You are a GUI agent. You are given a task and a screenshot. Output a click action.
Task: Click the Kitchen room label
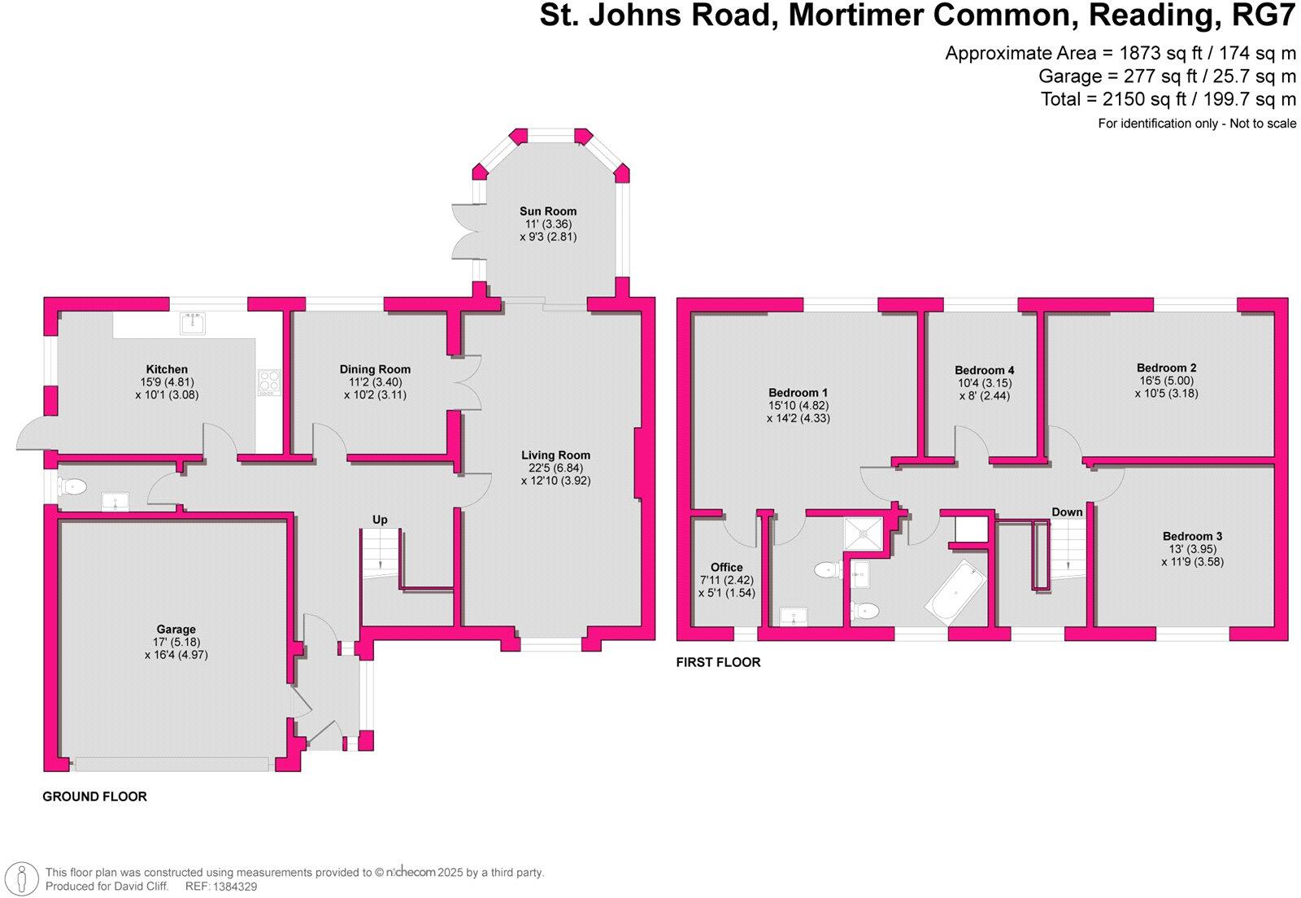point(167,369)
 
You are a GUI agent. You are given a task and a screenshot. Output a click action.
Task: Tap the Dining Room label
point(375,369)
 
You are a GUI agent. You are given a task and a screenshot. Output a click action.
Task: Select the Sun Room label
point(548,211)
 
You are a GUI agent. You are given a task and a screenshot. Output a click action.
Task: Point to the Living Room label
point(556,456)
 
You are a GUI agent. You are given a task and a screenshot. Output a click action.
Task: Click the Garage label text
point(176,630)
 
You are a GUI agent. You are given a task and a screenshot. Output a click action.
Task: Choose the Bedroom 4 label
point(985,370)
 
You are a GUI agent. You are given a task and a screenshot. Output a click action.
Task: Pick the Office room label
point(726,568)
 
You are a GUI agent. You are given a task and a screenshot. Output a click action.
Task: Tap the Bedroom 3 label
point(1192,537)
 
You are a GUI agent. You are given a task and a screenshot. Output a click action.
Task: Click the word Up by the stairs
point(380,520)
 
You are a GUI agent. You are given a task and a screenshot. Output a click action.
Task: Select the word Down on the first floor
point(1067,512)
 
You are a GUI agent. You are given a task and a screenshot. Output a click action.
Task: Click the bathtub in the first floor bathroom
point(955,592)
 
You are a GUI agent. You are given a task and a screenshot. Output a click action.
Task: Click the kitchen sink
point(193,323)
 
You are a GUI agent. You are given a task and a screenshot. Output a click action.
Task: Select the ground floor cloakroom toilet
point(73,487)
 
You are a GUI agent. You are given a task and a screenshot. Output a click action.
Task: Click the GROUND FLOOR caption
point(94,797)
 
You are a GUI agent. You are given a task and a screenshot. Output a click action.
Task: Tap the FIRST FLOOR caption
point(718,663)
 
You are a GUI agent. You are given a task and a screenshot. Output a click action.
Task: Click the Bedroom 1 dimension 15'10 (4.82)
point(797,406)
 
